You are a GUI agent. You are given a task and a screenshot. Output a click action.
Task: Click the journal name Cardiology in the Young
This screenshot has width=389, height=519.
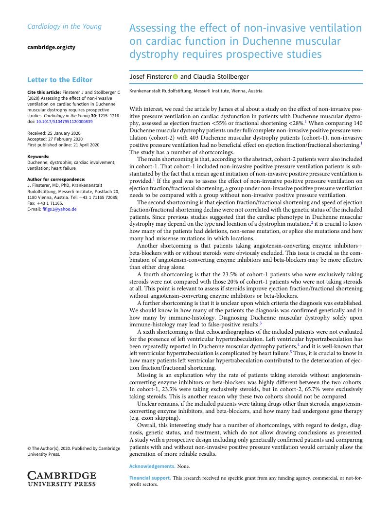pyautogui.click(x=64, y=26)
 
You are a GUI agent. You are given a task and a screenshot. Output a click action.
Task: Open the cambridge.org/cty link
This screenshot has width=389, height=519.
pyautogui.click(x=51, y=47)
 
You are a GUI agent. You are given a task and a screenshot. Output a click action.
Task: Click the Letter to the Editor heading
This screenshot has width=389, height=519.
pyautogui.click(x=60, y=80)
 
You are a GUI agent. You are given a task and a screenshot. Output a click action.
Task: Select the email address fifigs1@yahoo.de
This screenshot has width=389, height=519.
pyautogui.click(x=52, y=209)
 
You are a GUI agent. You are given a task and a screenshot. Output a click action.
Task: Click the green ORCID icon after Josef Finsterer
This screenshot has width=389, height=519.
pyautogui.click(x=176, y=77)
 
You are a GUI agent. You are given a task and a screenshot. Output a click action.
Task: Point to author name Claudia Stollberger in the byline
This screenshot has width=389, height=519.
pyautogui.click(x=221, y=77)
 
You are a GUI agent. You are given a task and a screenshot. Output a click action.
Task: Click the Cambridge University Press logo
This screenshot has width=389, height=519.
pyautogui.click(x=61, y=479)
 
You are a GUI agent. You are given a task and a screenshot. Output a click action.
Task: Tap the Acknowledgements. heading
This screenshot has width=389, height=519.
pyautogui.click(x=152, y=466)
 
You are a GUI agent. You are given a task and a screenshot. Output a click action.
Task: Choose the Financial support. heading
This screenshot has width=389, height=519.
pyautogui.click(x=150, y=478)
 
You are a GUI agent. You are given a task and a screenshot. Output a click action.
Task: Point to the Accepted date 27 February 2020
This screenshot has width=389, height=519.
pyautogui.click(x=55, y=139)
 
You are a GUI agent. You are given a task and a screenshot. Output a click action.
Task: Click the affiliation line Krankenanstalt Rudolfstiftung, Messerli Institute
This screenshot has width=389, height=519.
pyautogui.click(x=195, y=91)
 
